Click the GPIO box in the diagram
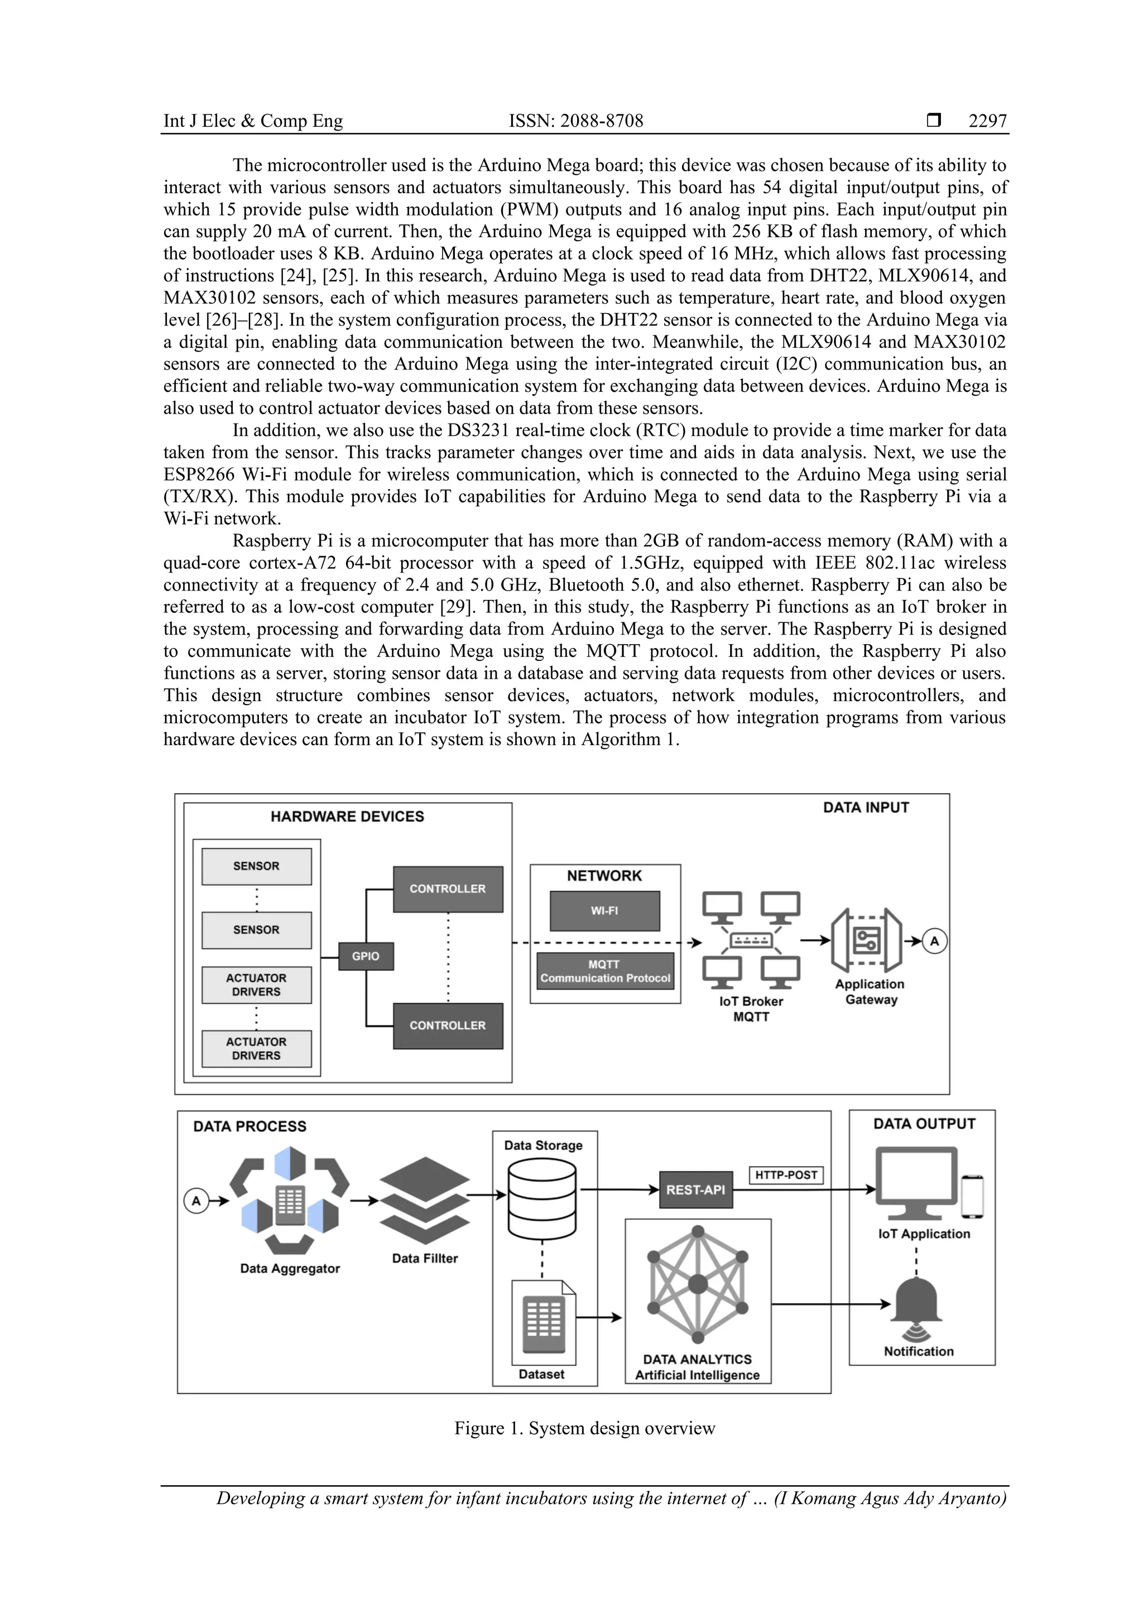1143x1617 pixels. point(366,956)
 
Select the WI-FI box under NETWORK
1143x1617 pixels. point(604,910)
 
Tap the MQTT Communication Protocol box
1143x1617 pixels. point(605,971)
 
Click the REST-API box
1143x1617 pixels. point(695,1189)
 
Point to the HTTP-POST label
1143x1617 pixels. point(785,1175)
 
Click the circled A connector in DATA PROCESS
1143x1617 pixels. point(196,1201)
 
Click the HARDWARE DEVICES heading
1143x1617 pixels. point(347,816)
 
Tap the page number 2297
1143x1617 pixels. point(987,121)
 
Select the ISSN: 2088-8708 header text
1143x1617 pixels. point(575,121)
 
